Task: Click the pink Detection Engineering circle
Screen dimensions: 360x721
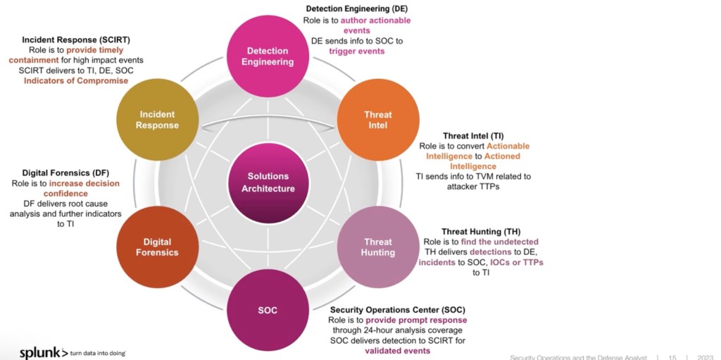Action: [x=268, y=56]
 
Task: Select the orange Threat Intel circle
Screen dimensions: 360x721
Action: [x=378, y=120]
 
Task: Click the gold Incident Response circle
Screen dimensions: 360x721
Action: [x=157, y=120]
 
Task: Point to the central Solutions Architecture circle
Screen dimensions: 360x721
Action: [x=268, y=182]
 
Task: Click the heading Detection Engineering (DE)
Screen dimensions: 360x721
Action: [x=356, y=8]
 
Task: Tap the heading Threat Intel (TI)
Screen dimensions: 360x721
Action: [x=473, y=135]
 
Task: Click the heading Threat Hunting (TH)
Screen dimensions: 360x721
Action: [x=481, y=231]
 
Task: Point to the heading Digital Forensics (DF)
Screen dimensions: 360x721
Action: [x=64, y=173]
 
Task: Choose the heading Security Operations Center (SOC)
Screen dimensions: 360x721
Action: [x=398, y=309]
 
